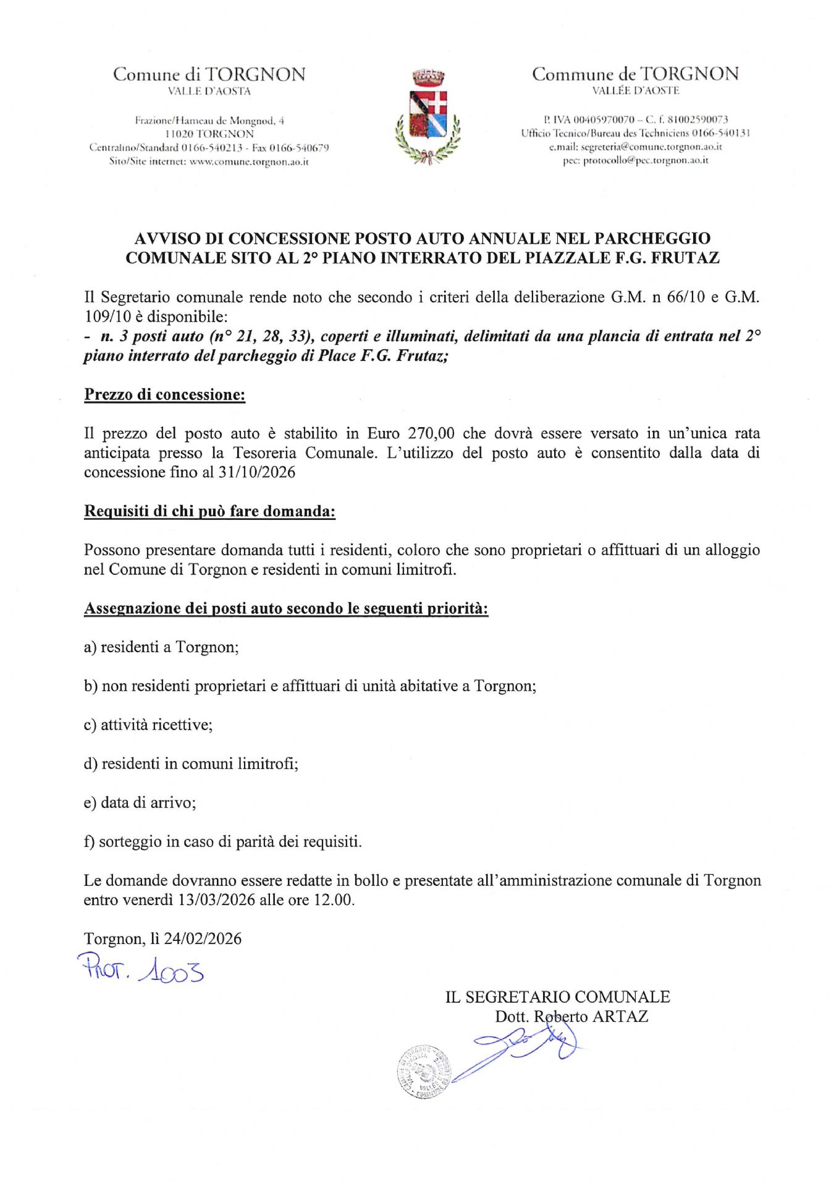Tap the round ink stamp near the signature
424,1072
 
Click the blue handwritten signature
525,1051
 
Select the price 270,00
431,433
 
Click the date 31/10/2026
256,472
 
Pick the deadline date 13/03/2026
216,900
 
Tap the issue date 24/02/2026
203,938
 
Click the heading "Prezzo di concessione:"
164,394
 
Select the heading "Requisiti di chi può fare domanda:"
209,511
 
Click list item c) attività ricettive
148,725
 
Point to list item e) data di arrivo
140,802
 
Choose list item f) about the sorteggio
223,841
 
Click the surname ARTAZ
620,1016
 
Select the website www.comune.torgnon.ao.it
248,161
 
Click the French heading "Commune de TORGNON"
635,74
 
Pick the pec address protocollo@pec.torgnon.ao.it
645,160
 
